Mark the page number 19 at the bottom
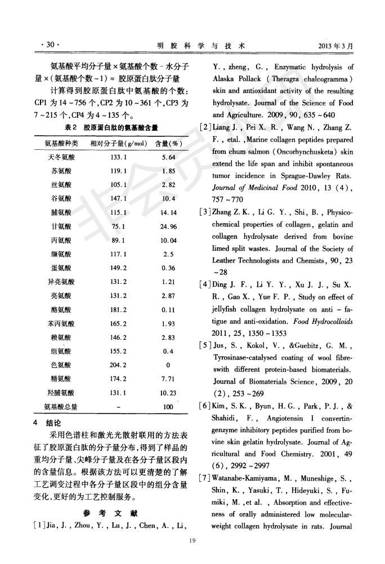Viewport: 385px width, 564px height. click(191, 543)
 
